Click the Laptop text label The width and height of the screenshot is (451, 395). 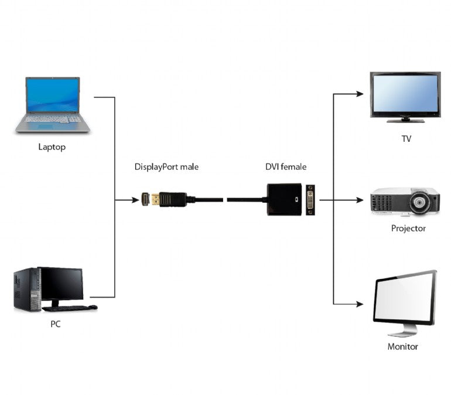pos(52,147)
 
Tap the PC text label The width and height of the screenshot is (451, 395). pos(55,324)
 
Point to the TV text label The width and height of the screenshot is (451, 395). pos(406,138)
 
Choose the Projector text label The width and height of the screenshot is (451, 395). pos(408,228)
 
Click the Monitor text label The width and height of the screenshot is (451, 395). pos(402,346)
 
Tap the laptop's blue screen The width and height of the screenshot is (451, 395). pos(52,96)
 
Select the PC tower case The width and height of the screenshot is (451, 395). pos(26,289)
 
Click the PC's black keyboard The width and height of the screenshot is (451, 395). pos(69,308)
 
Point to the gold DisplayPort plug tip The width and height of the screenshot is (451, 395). pos(153,200)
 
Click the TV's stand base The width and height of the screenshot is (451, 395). pos(405,120)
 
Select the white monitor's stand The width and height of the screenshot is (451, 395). pos(402,331)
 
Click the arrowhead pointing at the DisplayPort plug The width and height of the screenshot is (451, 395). pos(136,200)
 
